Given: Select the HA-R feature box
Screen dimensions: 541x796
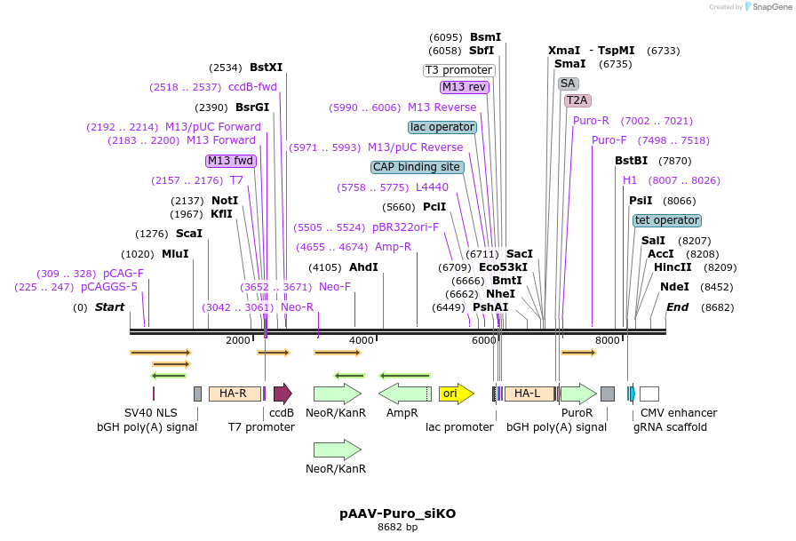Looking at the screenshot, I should click(235, 394).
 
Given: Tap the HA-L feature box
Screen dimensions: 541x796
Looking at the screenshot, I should click(529, 394).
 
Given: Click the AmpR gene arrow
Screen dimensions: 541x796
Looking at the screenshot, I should click(404, 394).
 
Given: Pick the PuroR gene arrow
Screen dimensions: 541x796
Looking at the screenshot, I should click(577, 394).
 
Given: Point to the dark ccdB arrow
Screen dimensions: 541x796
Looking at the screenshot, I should click(283, 394).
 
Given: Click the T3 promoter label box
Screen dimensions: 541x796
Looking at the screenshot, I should click(459, 70).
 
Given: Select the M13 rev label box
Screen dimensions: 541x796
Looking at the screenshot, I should click(465, 87).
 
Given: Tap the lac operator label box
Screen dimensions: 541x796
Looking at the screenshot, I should click(442, 127).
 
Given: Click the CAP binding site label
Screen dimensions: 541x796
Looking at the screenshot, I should click(417, 167).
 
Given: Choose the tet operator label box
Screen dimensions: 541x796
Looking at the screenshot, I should click(667, 220).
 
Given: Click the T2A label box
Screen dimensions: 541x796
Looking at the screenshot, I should click(577, 100).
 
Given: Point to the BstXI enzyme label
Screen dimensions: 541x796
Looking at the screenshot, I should click(266, 68).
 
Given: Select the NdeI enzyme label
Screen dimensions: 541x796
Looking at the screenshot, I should click(674, 287).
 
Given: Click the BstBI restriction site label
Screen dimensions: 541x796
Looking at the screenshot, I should click(633, 161).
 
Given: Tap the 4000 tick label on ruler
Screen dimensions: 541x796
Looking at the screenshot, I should click(362, 340).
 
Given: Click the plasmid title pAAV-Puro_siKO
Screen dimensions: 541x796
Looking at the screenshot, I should click(397, 513).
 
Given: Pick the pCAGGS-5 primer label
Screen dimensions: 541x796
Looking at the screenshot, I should click(109, 287).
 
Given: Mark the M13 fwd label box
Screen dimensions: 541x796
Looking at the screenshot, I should click(231, 161).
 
